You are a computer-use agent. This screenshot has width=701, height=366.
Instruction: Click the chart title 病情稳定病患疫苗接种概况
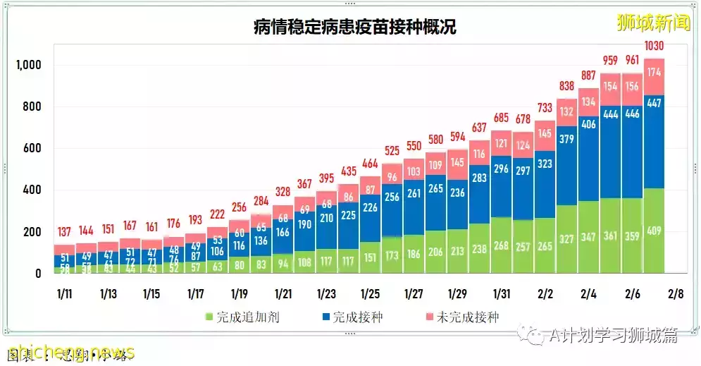354,27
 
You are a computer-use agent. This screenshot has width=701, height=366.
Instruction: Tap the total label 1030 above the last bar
655,47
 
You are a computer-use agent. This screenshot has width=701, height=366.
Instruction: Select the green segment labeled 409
655,230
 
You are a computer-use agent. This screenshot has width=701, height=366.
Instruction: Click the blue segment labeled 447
655,104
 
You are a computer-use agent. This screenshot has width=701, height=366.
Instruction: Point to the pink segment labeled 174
655,72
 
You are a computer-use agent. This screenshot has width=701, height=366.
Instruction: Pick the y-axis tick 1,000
29,66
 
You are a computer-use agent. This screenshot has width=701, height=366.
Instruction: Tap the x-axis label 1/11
65,293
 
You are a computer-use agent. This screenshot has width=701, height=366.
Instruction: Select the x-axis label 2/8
676,293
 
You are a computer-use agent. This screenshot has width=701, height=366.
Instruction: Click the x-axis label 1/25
371,293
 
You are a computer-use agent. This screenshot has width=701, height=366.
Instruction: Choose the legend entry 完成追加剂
243,317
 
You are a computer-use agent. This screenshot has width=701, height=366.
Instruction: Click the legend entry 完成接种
352,317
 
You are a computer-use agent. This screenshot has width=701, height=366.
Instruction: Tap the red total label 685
501,116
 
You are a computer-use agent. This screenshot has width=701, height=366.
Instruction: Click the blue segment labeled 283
480,178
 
